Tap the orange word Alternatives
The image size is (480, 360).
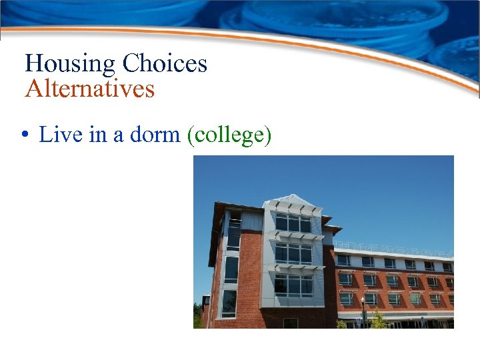[x=89, y=88]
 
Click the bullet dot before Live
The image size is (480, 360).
[x=23, y=135]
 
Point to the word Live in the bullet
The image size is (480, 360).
[x=61, y=135]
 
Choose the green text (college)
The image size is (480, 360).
[x=229, y=135]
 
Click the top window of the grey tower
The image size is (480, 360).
[x=293, y=223]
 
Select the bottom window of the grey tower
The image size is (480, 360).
[x=293, y=286]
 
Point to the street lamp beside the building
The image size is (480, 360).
[x=362, y=311]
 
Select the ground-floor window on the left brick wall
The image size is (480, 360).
[x=229, y=303]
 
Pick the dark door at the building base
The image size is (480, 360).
[x=290, y=323]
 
